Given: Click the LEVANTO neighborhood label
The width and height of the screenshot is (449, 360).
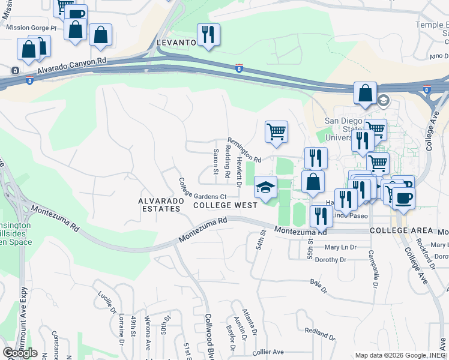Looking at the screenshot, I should click(176, 43).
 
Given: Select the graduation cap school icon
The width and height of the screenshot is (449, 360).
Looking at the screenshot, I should click(265, 187).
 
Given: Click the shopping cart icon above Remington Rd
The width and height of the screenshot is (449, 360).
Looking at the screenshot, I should click(276, 131).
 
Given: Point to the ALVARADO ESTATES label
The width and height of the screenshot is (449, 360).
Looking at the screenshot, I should click(159, 205).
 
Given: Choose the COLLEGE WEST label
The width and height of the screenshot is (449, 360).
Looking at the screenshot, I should click(225, 205).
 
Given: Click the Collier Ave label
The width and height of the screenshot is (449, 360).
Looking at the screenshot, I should click(268, 352).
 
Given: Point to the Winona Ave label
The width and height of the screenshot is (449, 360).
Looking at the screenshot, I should click(148, 338).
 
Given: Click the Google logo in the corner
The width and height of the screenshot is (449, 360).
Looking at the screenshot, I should click(20, 353).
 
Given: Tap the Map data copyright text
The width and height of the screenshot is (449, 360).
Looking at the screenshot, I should click(401, 355).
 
